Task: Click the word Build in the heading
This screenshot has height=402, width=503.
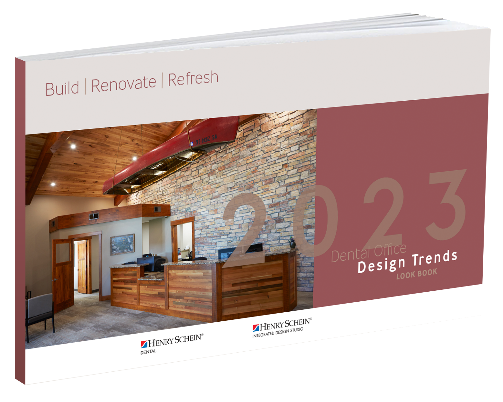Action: coord(62,88)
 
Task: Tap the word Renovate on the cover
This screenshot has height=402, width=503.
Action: coord(123,84)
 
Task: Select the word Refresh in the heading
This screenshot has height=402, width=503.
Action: coord(193,79)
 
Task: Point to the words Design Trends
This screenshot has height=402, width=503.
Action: coord(408,262)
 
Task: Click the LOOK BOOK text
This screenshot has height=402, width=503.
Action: coord(417,274)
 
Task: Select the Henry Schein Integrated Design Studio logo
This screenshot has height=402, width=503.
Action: coord(282,327)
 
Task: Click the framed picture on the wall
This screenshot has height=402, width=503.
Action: coord(122,244)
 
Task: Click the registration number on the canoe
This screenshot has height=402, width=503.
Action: coord(207,140)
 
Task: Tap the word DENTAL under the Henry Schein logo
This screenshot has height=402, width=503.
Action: coord(148,352)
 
